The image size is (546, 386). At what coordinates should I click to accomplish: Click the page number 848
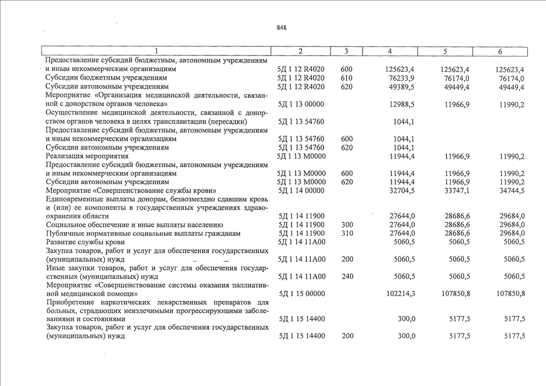(x=281, y=28)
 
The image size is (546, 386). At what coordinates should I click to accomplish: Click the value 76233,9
(x=399, y=78)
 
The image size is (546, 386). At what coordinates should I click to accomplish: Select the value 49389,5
(x=399, y=87)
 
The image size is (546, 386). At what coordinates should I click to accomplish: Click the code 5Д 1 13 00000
(x=301, y=104)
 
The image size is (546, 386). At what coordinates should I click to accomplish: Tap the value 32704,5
(x=399, y=191)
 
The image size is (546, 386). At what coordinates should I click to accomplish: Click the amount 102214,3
(x=398, y=294)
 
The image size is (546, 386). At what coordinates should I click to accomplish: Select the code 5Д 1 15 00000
(x=301, y=294)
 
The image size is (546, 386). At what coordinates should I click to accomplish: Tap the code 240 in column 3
(x=347, y=277)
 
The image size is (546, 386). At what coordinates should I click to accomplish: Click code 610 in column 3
(x=347, y=78)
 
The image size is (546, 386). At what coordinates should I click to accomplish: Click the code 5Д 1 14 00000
(x=301, y=191)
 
